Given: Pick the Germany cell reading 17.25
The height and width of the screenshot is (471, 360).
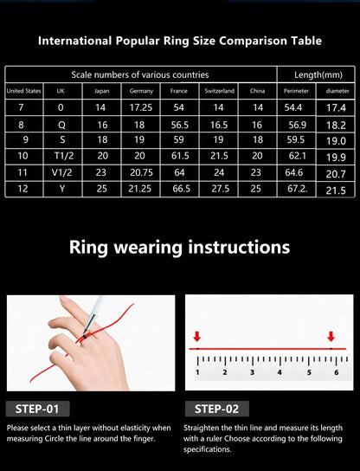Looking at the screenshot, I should [x=141, y=106].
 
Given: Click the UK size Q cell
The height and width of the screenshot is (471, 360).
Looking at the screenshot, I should [x=61, y=124].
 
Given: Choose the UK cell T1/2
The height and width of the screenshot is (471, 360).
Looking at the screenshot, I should [x=61, y=156].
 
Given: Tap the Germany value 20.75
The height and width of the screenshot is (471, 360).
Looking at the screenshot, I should [x=141, y=172].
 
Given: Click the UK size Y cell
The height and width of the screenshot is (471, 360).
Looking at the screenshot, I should [x=61, y=189].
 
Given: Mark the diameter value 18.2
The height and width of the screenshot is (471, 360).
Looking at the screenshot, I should [x=337, y=124].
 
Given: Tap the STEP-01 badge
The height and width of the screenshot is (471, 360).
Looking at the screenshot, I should [x=37, y=409].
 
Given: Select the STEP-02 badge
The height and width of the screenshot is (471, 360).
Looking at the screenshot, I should [x=216, y=409].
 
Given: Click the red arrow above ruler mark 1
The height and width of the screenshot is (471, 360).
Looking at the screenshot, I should [x=197, y=336].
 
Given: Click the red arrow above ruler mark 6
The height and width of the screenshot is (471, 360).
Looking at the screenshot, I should [x=331, y=336].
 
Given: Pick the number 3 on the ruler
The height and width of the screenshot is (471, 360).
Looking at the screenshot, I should [x=251, y=372].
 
